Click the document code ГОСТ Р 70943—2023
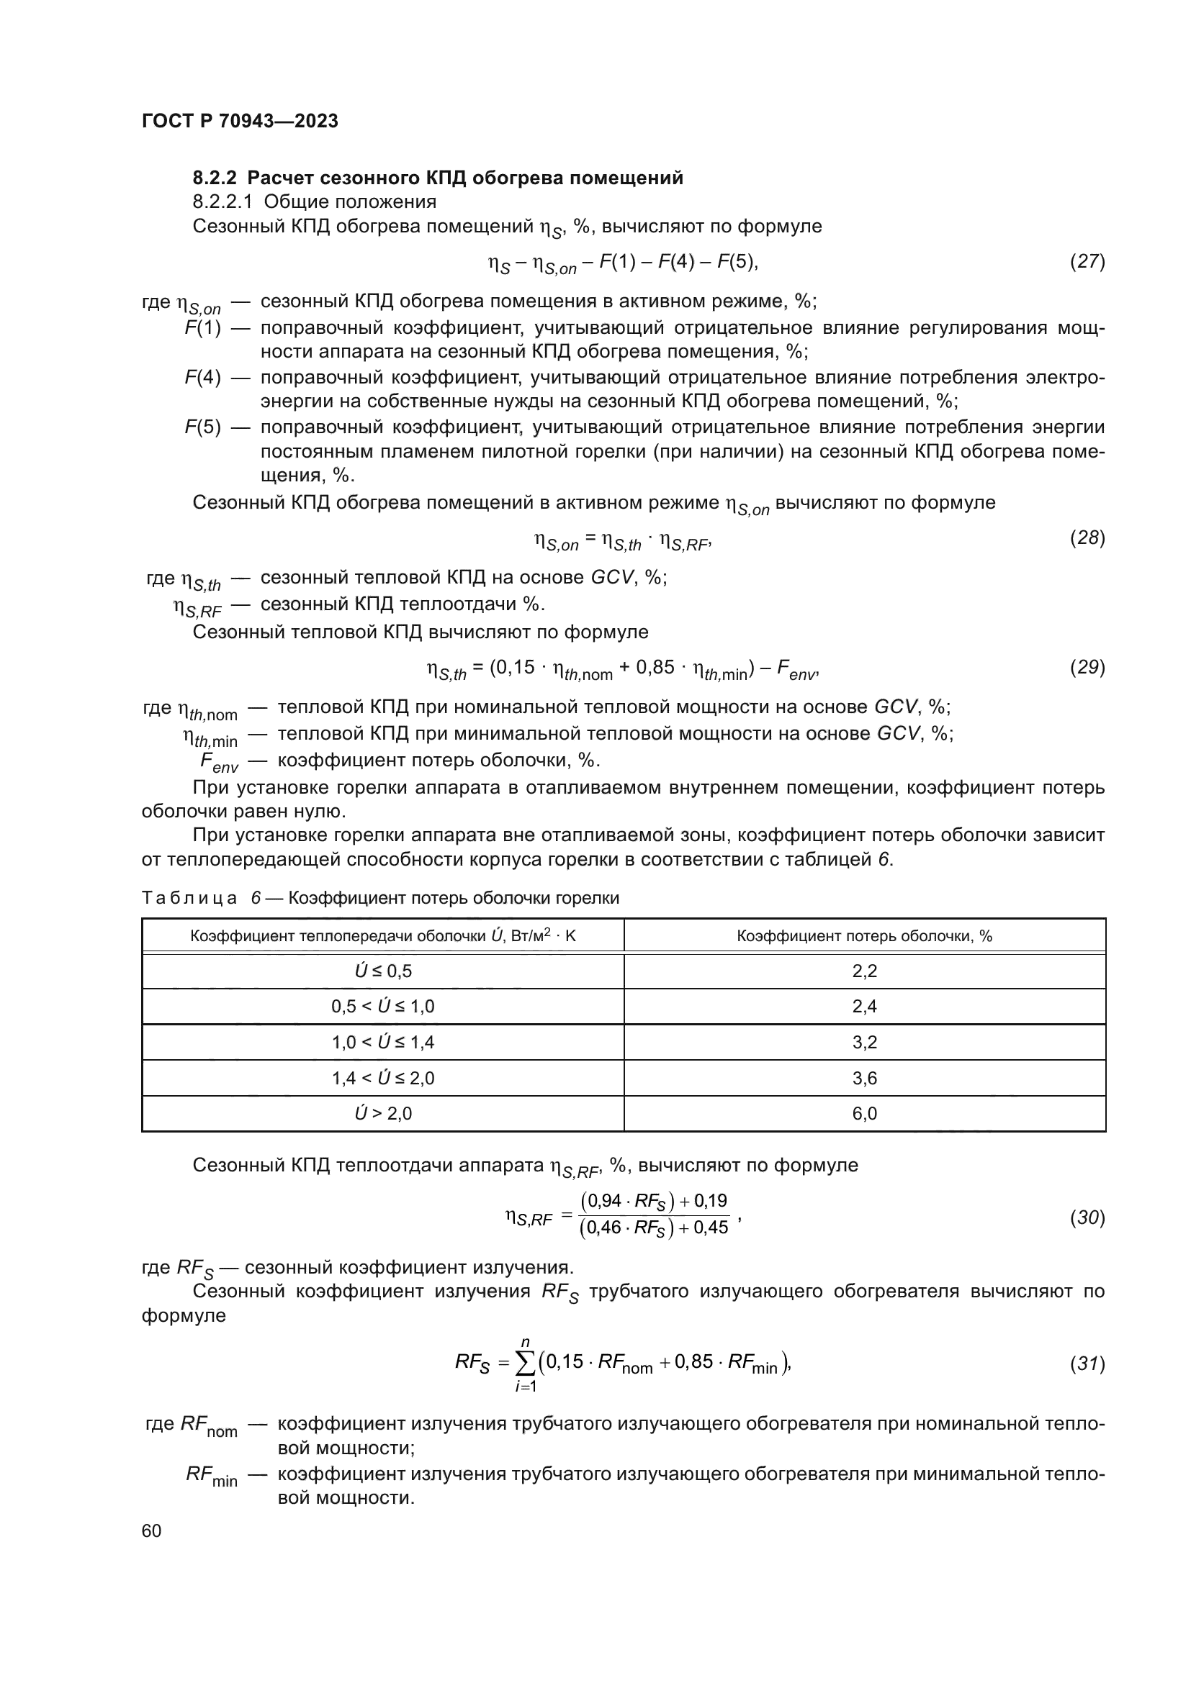point(240,121)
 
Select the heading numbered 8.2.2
point(438,178)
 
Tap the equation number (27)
point(1087,261)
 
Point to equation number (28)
point(1087,538)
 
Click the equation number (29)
point(1087,667)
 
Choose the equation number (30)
point(1087,1217)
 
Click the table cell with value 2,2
point(864,971)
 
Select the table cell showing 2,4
point(864,1007)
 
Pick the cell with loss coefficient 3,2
point(864,1043)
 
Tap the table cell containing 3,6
point(864,1079)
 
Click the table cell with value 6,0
point(864,1113)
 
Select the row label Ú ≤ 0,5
point(383,971)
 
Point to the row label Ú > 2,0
point(383,1113)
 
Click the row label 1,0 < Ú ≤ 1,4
point(383,1043)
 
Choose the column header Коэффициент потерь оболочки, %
point(864,936)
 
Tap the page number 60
point(152,1530)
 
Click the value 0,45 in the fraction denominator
point(711,1228)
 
